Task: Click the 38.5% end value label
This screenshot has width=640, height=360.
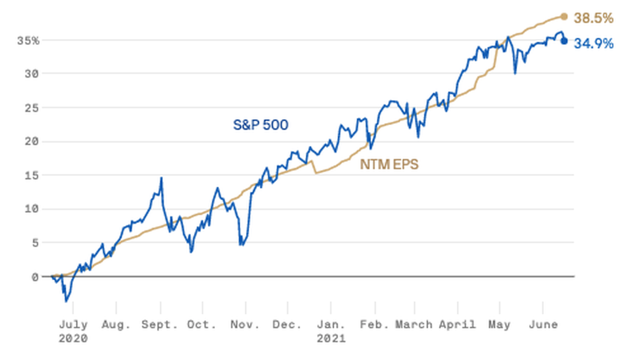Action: tap(594, 18)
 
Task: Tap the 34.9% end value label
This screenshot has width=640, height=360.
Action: tap(594, 44)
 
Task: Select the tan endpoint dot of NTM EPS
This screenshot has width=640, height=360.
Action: tap(564, 17)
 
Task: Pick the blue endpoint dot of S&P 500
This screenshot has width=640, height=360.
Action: tap(564, 41)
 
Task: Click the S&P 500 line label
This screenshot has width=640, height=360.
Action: tap(260, 125)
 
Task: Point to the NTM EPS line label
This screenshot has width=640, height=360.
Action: tap(389, 165)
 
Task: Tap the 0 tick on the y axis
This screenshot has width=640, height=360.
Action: tap(35, 277)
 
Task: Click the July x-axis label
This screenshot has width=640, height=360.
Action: tap(73, 324)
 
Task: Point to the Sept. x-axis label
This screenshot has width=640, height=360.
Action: tap(161, 324)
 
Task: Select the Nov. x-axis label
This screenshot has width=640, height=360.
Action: tap(245, 324)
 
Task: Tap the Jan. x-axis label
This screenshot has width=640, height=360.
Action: tap(331, 324)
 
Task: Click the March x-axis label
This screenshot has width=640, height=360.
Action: tap(414, 324)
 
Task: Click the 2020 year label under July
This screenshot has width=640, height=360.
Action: tap(73, 338)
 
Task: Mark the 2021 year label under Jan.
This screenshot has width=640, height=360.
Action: tap(331, 338)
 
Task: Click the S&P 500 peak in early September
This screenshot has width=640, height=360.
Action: tap(161, 178)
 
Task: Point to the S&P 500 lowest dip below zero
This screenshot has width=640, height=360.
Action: tap(66, 301)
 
